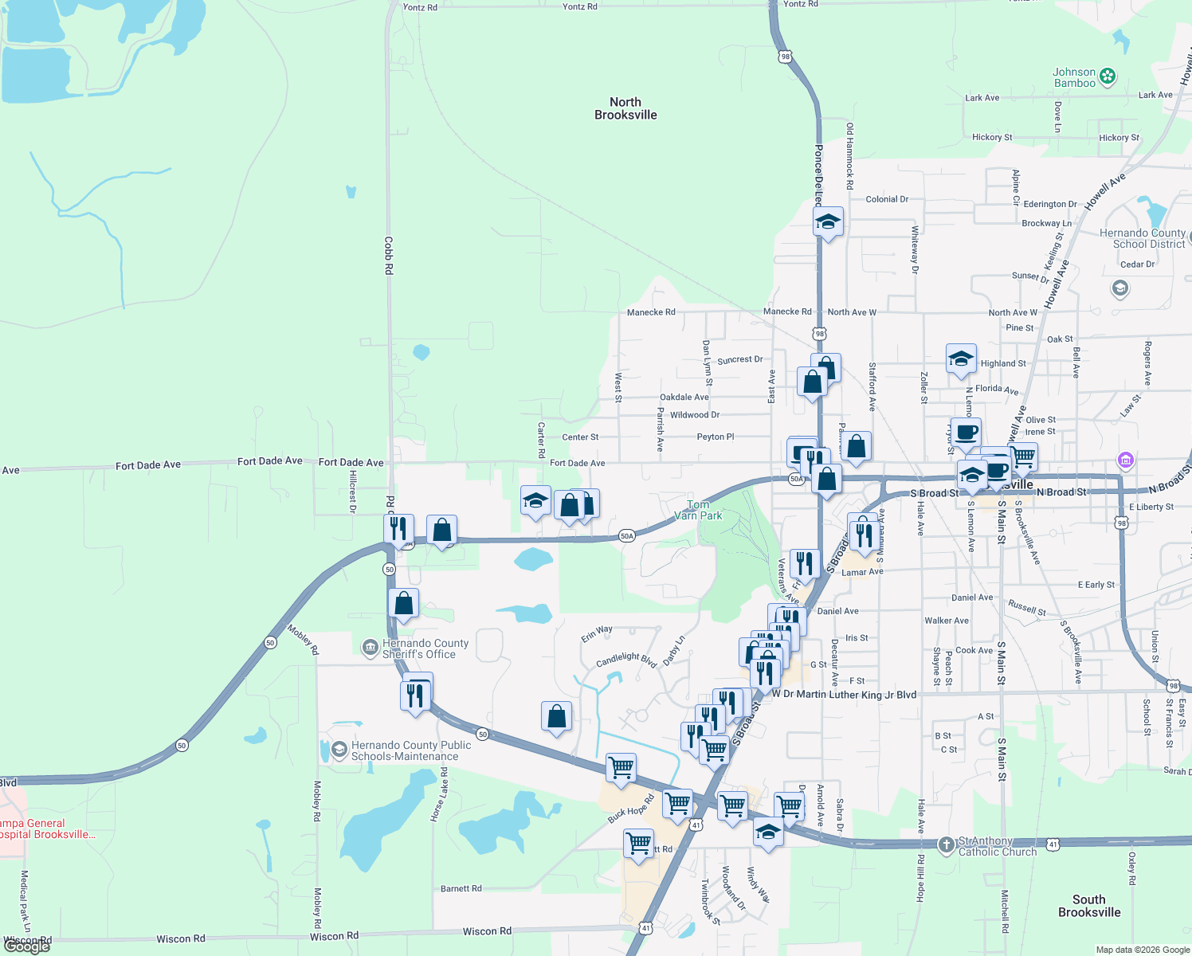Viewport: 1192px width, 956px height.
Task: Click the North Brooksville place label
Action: pos(625,108)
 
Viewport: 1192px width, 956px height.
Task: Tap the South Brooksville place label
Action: pos(1088,906)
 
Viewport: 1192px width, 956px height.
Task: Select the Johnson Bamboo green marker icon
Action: pos(1107,77)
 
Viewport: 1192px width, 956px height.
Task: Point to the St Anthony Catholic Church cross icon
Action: pos(946,844)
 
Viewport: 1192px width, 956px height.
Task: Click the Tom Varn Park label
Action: pos(698,510)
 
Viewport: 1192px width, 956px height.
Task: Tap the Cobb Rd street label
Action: pos(389,256)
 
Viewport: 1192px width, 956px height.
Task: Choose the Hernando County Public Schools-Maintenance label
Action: pos(411,750)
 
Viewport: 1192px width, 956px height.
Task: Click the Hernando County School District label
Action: pos(1142,238)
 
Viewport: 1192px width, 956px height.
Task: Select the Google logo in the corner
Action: pos(26,946)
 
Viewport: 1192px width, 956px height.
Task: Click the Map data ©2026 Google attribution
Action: pos(1143,950)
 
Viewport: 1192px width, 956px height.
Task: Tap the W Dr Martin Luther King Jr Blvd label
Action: pos(844,695)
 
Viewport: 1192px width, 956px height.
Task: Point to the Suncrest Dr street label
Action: pos(739,360)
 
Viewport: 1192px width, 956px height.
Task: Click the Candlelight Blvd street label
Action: pos(625,660)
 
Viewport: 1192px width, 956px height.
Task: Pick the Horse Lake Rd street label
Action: pos(439,795)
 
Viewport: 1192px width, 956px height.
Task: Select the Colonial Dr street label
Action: pos(887,199)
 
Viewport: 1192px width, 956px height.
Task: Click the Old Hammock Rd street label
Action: pos(849,156)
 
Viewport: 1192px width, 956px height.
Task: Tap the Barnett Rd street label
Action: pos(461,888)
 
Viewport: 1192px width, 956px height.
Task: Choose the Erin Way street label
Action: pos(597,633)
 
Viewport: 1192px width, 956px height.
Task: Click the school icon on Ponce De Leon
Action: pos(828,222)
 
